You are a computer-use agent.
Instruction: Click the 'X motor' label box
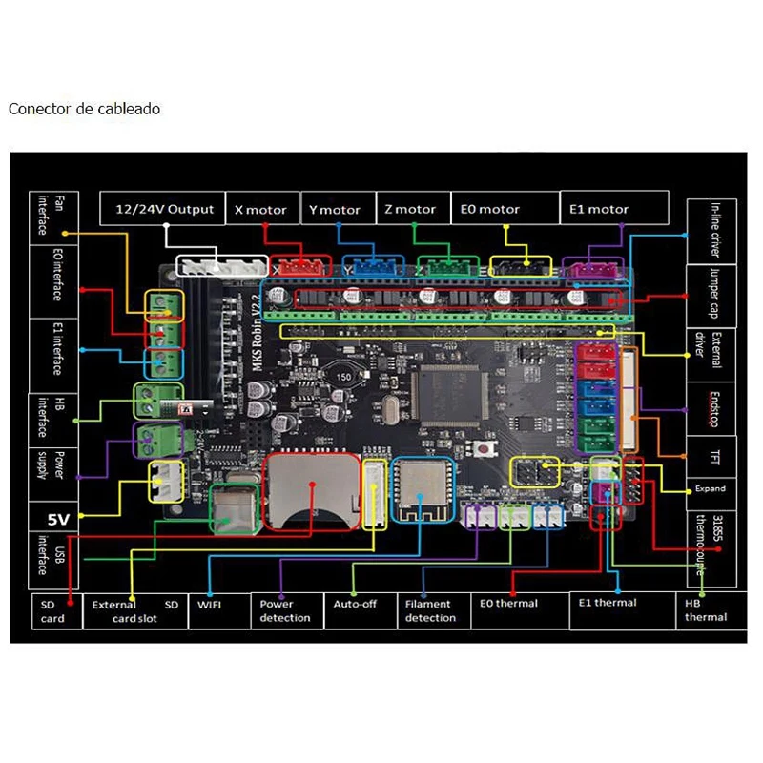coord(260,209)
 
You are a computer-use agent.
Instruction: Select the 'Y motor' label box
coord(335,209)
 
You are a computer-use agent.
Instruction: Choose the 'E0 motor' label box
coord(490,209)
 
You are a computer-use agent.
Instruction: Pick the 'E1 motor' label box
coord(599,209)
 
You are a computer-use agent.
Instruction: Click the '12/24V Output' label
coord(165,209)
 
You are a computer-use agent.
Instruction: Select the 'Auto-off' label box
coord(354,604)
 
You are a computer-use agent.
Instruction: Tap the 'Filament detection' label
coord(430,610)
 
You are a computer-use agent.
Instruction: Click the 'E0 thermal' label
coord(509,604)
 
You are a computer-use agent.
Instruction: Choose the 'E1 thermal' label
coord(608,603)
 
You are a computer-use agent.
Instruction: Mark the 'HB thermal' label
coord(705,610)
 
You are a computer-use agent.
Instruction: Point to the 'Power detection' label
coord(285,610)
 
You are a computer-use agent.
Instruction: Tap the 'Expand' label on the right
coord(710,488)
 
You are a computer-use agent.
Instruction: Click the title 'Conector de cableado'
coord(84,109)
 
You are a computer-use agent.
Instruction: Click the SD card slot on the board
coord(312,490)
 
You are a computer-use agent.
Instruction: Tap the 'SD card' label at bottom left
coord(52,611)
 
